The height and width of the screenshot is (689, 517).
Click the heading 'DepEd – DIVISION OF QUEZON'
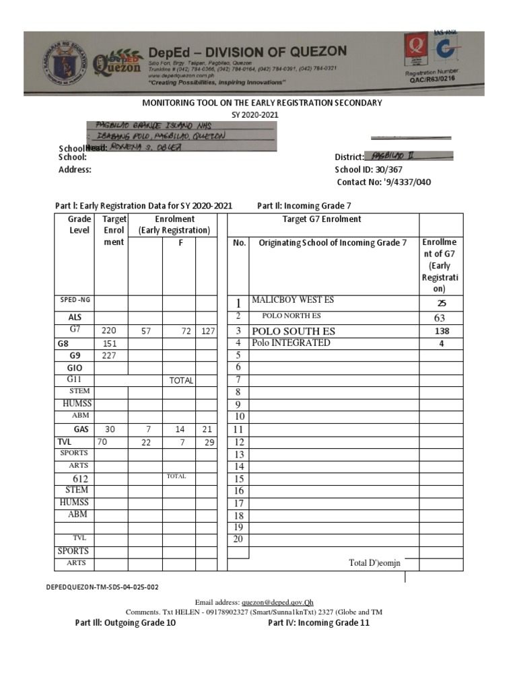[248, 51]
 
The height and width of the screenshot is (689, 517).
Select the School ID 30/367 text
[364, 170]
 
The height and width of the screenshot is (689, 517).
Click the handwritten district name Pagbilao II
[394, 155]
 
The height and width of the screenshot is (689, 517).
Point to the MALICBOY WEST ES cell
[292, 300]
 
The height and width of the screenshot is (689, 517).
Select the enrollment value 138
[441, 331]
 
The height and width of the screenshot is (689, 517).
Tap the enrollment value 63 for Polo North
[440, 317]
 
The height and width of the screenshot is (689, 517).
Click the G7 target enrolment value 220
[109, 330]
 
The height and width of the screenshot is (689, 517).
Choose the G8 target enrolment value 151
[109, 343]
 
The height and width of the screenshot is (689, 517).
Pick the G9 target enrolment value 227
[109, 355]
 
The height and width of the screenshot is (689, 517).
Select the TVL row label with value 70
[65, 441]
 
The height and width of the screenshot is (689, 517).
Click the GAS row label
[81, 429]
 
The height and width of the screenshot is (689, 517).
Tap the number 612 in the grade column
[80, 478]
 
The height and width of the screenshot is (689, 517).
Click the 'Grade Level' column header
[79, 225]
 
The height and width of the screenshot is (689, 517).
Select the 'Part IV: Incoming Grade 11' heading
[318, 622]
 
